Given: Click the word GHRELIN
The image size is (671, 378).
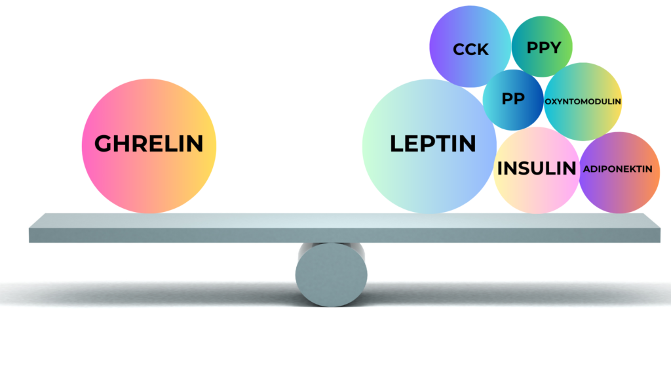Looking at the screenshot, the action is pyautogui.click(x=149, y=144).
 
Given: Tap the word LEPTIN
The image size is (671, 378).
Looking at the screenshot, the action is pyautogui.click(x=432, y=144).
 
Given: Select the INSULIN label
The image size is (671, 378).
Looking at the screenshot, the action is pyautogui.click(x=537, y=169).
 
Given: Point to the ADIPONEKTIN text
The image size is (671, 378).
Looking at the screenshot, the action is pyautogui.click(x=617, y=169).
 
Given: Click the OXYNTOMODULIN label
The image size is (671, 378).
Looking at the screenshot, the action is pyautogui.click(x=583, y=102).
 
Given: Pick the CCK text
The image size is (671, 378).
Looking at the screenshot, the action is pyautogui.click(x=470, y=50).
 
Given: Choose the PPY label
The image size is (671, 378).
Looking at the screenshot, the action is pyautogui.click(x=543, y=47).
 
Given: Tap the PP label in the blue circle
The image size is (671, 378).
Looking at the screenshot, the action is pyautogui.click(x=513, y=99).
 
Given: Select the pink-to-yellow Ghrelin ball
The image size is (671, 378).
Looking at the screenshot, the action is pyautogui.click(x=149, y=146).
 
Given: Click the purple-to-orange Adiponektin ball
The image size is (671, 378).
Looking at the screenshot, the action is pyautogui.click(x=619, y=173).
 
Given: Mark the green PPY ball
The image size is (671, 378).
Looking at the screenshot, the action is pyautogui.click(x=542, y=47).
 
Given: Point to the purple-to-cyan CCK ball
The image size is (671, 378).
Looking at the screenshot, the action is pyautogui.click(x=470, y=47).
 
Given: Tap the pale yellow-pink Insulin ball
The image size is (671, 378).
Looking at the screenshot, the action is pyautogui.click(x=537, y=170).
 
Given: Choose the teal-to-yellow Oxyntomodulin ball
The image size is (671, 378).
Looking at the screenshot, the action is pyautogui.click(x=583, y=102).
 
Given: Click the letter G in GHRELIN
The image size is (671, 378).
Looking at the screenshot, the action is pyautogui.click(x=103, y=144).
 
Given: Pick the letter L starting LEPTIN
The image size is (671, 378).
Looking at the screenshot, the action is pyautogui.click(x=396, y=144).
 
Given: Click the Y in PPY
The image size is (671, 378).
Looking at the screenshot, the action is pyautogui.click(x=554, y=47).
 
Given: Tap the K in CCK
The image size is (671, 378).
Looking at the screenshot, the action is pyautogui.click(x=484, y=50).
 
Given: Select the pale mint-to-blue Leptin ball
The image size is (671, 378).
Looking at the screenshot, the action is pyautogui.click(x=430, y=146).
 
